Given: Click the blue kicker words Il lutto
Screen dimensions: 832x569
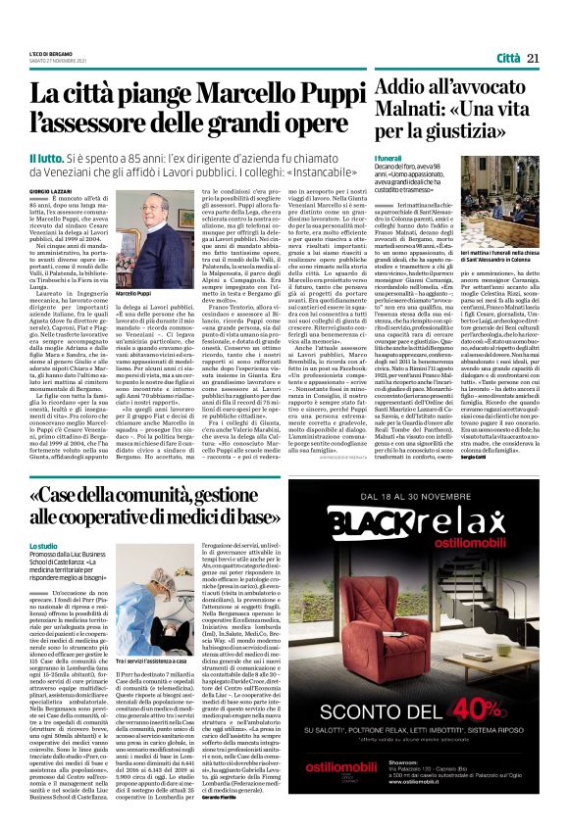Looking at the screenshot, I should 46,158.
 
